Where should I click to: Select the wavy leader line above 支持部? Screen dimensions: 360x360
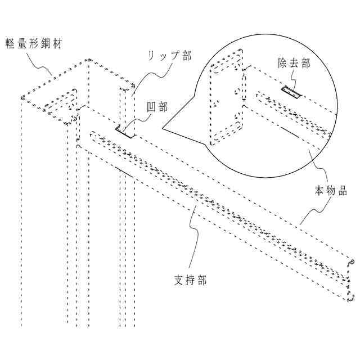point(193,236)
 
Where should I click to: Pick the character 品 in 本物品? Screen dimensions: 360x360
point(342,191)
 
